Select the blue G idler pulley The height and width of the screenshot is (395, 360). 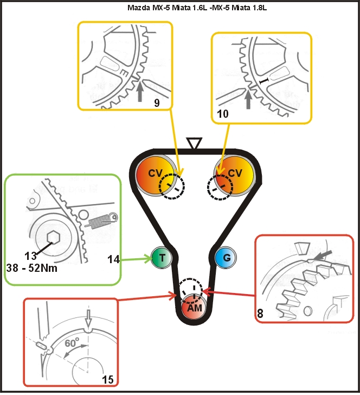(x=226, y=258)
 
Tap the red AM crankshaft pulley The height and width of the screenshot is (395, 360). (x=194, y=307)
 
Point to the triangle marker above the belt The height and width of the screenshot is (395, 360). (x=194, y=143)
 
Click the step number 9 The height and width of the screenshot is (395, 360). (x=157, y=101)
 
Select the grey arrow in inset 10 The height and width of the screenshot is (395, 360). (x=248, y=99)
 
